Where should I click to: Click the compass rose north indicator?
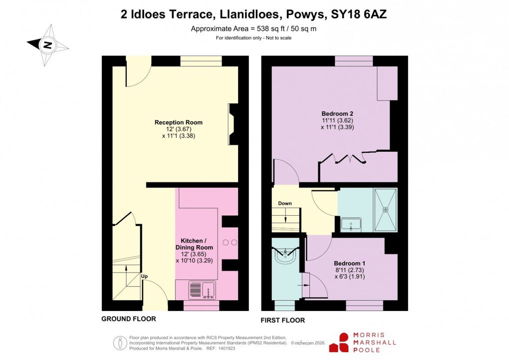pos(47,45)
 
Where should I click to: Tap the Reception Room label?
pos(178,122)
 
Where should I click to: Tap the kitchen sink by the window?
pos(202,289)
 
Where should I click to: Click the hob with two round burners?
pos(230,243)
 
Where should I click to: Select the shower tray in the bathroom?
pos(385,210)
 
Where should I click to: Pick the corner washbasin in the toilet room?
pos(286,257)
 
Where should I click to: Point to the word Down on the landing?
pos(285,204)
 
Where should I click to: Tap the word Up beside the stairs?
pos(144,276)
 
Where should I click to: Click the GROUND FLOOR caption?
pos(128,319)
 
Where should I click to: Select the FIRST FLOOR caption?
pos(282,320)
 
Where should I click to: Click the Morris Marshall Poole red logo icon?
pos(343,343)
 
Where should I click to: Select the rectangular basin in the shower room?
pos(351,224)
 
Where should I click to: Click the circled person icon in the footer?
pos(120,343)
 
